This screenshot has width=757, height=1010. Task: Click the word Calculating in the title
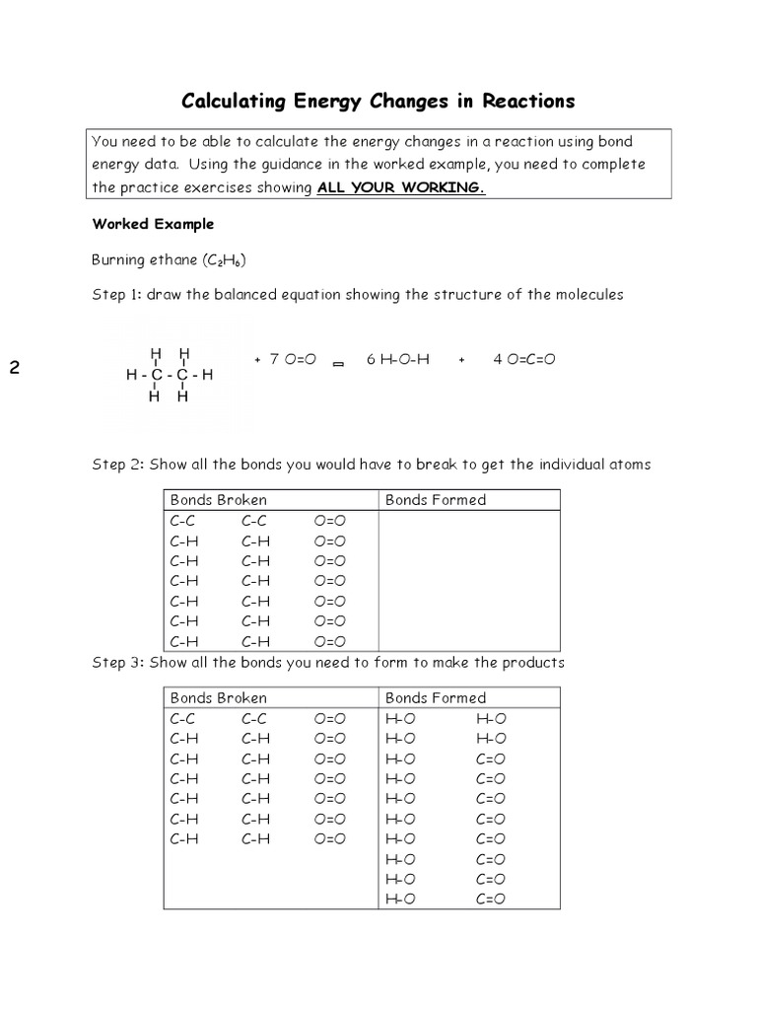tap(230, 102)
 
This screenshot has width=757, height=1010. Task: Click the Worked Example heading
tap(153, 224)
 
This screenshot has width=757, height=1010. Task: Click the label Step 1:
tap(117, 295)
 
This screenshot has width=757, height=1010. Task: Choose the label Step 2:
tap(117, 464)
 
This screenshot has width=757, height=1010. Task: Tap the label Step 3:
tap(117, 662)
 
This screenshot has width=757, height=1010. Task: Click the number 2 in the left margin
tap(15, 369)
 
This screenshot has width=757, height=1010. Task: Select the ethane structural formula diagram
tap(170, 375)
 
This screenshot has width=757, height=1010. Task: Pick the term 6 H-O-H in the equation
tap(398, 360)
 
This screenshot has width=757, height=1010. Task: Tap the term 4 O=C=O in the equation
tap(524, 360)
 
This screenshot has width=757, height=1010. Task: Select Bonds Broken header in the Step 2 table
tap(218, 500)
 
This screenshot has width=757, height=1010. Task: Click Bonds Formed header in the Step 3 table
tap(436, 697)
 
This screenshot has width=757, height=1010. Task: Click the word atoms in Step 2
tap(629, 464)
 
